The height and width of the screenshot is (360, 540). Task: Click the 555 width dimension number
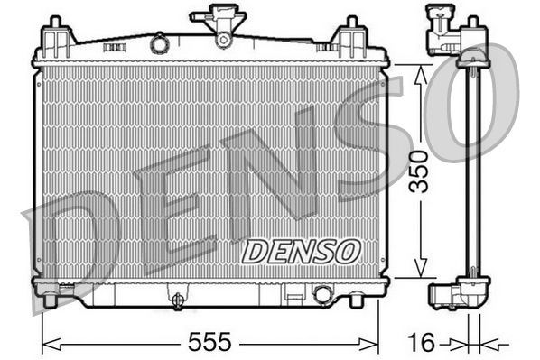209,342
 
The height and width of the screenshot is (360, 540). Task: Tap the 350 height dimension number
418,171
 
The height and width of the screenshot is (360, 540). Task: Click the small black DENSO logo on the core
301,251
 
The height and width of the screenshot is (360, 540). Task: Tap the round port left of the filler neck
159,42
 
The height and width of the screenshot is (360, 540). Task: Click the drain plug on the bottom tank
178,299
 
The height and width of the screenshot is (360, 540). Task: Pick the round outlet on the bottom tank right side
322,294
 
